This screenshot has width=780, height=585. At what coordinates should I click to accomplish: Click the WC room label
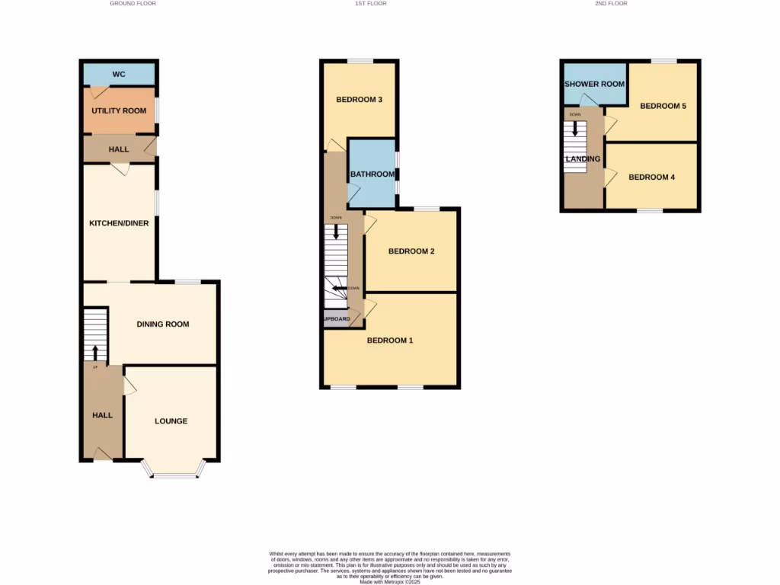click(x=119, y=75)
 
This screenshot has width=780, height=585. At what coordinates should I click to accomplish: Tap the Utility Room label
click(x=119, y=111)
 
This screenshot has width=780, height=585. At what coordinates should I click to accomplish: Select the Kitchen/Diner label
click(x=119, y=223)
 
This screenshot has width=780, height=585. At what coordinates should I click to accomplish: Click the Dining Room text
click(x=163, y=324)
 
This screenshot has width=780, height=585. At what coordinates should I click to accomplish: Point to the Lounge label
click(x=171, y=421)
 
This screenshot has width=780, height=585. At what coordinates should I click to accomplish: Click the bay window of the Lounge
click(x=174, y=475)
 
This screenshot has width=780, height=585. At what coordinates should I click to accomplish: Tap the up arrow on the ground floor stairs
click(x=95, y=352)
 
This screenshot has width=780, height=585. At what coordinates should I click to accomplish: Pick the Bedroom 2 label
click(x=411, y=251)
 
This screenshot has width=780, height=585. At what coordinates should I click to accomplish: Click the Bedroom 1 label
click(x=390, y=340)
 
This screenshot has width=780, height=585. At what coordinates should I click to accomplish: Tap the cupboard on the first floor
click(x=336, y=318)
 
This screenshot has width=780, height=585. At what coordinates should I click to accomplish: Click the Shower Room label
click(x=595, y=85)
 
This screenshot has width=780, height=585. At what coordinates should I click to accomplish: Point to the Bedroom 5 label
click(x=663, y=106)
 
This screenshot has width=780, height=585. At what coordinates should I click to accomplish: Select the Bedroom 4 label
click(x=652, y=177)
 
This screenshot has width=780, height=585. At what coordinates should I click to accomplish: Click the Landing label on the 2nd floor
click(x=583, y=159)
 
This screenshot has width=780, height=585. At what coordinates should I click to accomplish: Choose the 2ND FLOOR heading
click(x=612, y=4)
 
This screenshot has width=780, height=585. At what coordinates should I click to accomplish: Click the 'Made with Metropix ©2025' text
click(x=389, y=582)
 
